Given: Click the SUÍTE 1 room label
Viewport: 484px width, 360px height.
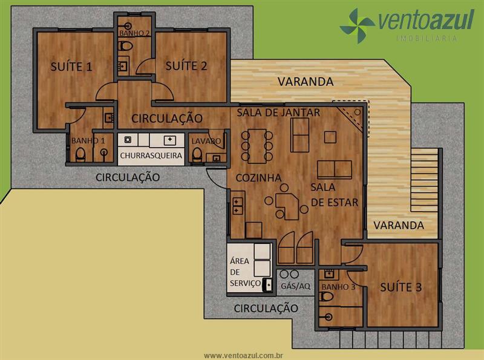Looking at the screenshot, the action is pos(71,67).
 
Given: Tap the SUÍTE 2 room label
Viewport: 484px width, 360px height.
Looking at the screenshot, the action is pos(186,66).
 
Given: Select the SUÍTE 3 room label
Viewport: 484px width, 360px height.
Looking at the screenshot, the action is pos(401,287).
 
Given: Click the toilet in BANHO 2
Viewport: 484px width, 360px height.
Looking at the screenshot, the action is pos(125,47).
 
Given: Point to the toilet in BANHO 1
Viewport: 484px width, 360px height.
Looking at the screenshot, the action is pos(80,154).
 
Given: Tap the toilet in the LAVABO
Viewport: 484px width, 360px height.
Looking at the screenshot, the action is pos(197,154).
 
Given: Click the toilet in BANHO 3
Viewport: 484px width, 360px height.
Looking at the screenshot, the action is pos(327,297).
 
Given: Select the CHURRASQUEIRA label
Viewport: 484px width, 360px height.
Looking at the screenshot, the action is pos(151,155).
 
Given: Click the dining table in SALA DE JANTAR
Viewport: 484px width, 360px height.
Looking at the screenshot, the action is pos(257,146).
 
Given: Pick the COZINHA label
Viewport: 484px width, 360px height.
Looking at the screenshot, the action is pos(259,177).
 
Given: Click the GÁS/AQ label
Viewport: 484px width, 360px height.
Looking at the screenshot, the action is pos(295,286).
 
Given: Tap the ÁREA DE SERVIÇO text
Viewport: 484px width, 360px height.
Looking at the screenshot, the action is pos(245,272).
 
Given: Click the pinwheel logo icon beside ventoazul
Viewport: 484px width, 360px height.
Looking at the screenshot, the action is pos(358,25).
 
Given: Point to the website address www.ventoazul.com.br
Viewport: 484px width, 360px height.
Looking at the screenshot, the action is pos(244,356).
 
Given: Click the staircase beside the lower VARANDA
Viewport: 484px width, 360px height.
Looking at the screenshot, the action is pos(425,180).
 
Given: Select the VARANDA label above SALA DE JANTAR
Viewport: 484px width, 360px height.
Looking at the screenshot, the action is pos(306,82).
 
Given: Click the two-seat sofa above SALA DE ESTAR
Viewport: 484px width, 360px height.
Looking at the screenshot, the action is pos(335,169).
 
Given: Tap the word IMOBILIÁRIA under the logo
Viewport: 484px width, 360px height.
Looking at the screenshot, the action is pos(427,38).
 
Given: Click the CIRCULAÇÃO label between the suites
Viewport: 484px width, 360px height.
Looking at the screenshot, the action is pos(167,118).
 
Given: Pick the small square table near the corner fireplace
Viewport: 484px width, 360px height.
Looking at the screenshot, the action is pos(330,137).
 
